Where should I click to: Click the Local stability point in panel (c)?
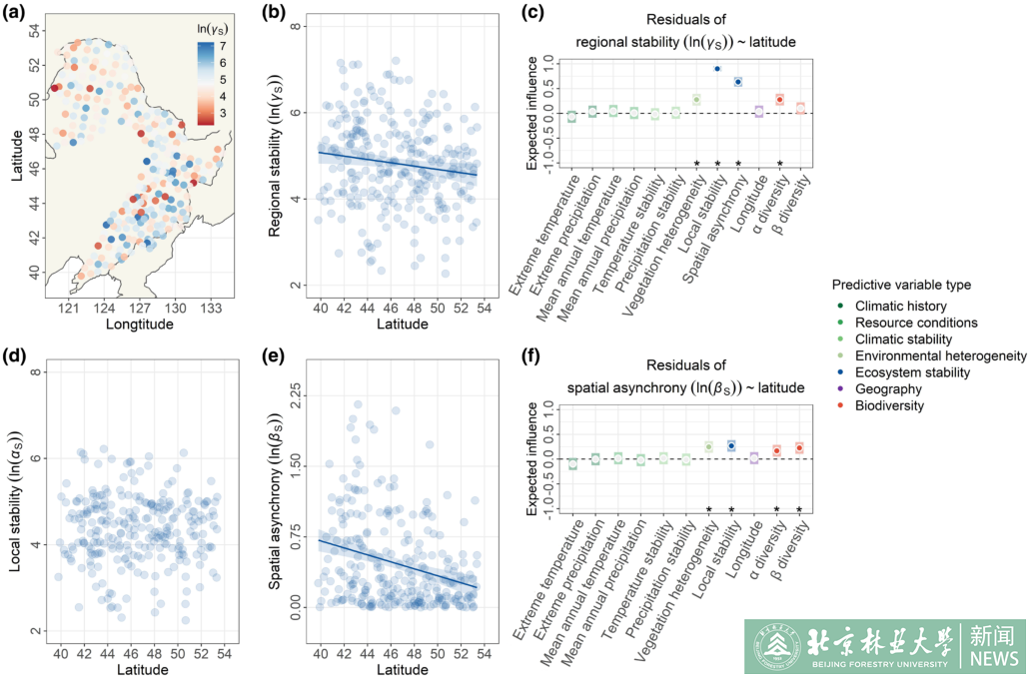[717, 69]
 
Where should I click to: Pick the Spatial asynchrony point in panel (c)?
[738, 82]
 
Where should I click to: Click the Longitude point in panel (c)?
[758, 111]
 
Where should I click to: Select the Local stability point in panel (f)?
[731, 445]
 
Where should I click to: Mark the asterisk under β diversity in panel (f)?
[799, 512]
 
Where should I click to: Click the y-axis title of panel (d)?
[17, 499]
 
